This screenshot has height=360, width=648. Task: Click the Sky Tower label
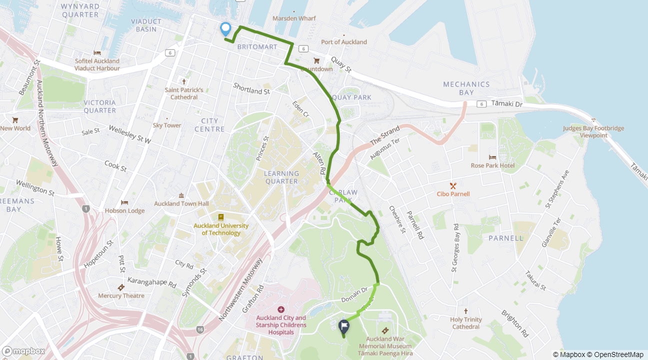167,125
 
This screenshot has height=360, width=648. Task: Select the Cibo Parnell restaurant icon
453,185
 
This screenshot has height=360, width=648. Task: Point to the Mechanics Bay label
466,88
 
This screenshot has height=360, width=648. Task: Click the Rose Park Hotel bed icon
492,157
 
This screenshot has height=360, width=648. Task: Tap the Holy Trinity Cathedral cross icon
466,310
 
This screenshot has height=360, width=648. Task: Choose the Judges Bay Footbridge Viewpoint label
593,131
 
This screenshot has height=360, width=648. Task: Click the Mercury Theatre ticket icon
120,287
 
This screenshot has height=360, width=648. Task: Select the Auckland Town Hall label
181,203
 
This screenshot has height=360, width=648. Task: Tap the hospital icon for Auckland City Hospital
280,309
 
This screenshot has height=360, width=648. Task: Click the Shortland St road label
251,89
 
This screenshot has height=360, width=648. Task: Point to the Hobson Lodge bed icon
124,202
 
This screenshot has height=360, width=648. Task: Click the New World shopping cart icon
15,120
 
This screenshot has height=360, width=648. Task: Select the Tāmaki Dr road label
506,103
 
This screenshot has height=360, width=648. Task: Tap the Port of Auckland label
343,42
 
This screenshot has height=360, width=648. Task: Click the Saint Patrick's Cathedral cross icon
184,81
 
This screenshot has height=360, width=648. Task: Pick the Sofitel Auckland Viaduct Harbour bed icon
97,53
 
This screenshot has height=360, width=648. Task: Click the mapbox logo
23,351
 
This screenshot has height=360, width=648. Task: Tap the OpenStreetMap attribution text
616,354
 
